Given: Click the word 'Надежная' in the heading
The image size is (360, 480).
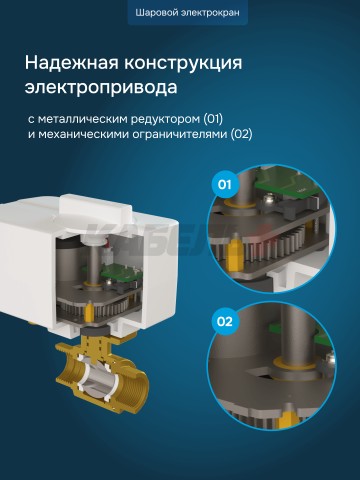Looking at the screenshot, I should click(69, 64).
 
